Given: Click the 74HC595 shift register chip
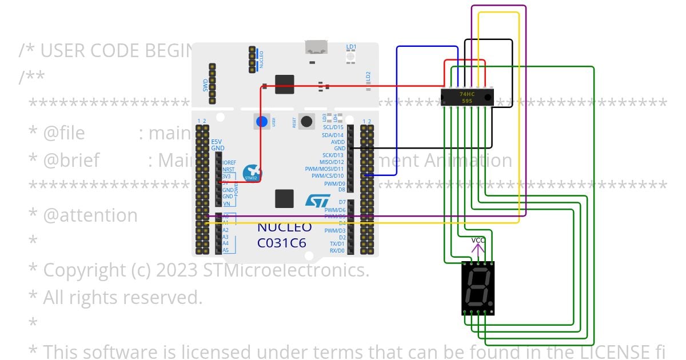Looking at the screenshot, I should (x=467, y=97).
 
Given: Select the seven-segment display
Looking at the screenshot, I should (x=478, y=288).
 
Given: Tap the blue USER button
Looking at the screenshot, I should (x=262, y=121).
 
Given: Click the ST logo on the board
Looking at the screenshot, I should (x=317, y=201).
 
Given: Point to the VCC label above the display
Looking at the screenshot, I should (x=478, y=240).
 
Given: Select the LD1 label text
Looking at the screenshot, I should (x=351, y=47).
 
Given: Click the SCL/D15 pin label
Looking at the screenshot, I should (x=333, y=127).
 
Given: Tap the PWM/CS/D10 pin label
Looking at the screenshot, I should (x=328, y=176).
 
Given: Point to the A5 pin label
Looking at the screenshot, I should (x=225, y=250).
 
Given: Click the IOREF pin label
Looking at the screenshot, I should (x=229, y=163).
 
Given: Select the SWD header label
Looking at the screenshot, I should (x=206, y=86).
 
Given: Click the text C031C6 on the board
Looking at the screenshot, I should (x=281, y=243).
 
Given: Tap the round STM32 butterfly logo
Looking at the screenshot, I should (x=252, y=174).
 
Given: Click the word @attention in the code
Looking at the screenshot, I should (x=90, y=215).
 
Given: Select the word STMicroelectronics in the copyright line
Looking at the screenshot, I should (x=286, y=270).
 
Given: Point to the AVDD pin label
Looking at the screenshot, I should (x=338, y=142).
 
